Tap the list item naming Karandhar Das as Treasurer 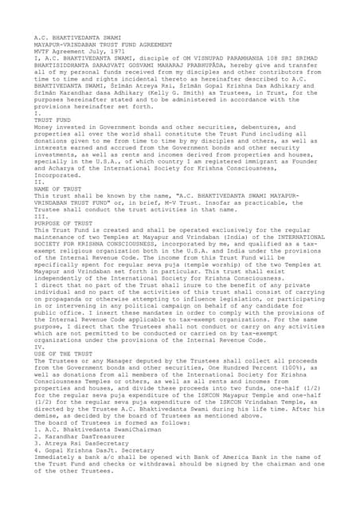click(76, 437)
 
